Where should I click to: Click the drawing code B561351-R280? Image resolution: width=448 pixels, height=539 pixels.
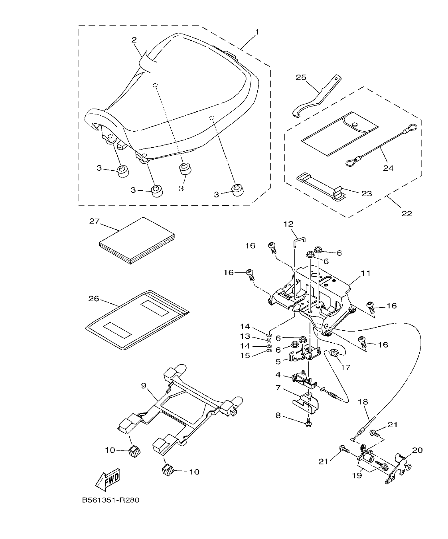click(x=111, y=500)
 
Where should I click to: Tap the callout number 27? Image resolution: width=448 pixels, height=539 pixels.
click(x=94, y=221)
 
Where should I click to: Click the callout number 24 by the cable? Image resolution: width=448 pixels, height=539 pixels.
click(x=388, y=168)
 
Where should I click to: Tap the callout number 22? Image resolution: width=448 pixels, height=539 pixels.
click(x=406, y=213)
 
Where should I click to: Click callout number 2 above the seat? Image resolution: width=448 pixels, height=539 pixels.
click(x=134, y=40)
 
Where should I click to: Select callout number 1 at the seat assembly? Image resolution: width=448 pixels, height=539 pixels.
click(x=257, y=32)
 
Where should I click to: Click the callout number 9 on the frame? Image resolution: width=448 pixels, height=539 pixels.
click(x=144, y=386)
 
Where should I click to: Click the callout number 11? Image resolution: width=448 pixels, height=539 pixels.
click(x=366, y=273)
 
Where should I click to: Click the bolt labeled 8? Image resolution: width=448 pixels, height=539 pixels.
click(x=309, y=424)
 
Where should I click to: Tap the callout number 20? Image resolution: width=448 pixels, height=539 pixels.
click(x=417, y=450)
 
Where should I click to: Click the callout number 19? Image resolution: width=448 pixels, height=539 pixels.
click(x=357, y=475)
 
